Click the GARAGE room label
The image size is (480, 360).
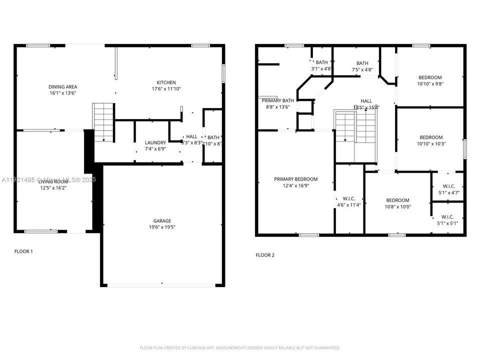click(x=162, y=220)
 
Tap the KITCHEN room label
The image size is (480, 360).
click(x=166, y=82)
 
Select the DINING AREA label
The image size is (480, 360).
click(x=62, y=86)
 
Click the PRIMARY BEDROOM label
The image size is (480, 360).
click(x=295, y=179)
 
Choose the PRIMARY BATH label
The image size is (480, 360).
click(x=274, y=100)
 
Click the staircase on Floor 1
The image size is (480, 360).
click(x=104, y=122)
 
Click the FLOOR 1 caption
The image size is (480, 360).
click(x=23, y=251)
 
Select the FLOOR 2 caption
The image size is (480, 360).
click(x=265, y=255)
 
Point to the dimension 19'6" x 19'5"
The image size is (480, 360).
click(x=162, y=227)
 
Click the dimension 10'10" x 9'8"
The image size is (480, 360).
click(x=430, y=84)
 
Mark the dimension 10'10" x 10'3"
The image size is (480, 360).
click(x=430, y=144)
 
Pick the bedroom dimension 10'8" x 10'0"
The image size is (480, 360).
click(x=397, y=207)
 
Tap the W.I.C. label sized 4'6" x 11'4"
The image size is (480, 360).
click(x=348, y=204)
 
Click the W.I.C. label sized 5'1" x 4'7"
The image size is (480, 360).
click(x=447, y=192)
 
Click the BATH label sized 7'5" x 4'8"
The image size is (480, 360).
click(x=362, y=70)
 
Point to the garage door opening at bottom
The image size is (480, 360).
click(x=162, y=285)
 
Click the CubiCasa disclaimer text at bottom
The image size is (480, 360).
click(x=240, y=347)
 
